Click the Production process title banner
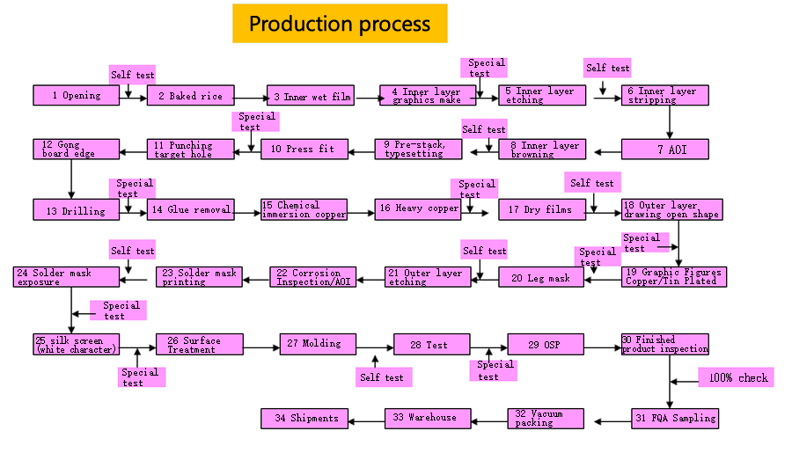(x=340, y=23)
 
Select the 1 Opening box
(x=77, y=95)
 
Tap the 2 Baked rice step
(x=190, y=95)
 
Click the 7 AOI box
(x=664, y=149)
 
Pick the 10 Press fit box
(x=304, y=149)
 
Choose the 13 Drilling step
(x=77, y=209)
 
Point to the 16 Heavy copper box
(x=418, y=209)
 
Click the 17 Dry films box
(x=542, y=209)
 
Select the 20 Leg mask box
(x=541, y=277)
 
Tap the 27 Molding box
(x=319, y=344)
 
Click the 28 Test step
(x=432, y=344)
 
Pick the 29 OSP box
(x=546, y=344)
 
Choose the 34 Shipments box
(x=304, y=418)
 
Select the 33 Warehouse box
(x=428, y=418)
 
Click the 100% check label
(x=736, y=377)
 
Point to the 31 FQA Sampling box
(x=675, y=418)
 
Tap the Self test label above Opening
(x=132, y=75)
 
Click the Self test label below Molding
(x=383, y=377)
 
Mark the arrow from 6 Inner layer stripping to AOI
(x=670, y=122)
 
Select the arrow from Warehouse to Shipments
(x=367, y=421)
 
